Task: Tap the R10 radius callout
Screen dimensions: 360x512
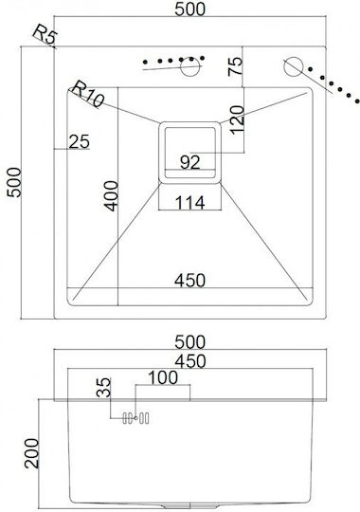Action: pos(87,94)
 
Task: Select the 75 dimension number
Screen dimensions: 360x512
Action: pos(235,66)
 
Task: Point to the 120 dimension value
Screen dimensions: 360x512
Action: pos(237,119)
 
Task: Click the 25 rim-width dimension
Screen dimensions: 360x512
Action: pos(80,141)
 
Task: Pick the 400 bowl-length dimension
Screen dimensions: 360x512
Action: pos(111,196)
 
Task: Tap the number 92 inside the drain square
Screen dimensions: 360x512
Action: pos(189,162)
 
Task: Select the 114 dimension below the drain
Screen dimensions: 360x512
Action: pos(190,203)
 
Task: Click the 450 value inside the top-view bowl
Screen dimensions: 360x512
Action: pos(190,280)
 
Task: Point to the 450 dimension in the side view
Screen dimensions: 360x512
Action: pos(190,361)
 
